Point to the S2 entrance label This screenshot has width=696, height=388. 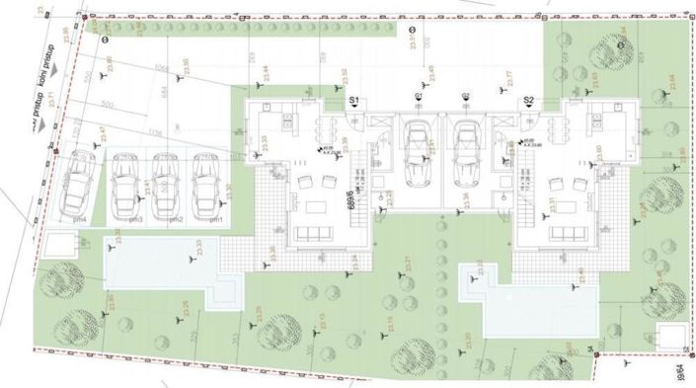528,102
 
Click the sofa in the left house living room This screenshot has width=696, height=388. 317,233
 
